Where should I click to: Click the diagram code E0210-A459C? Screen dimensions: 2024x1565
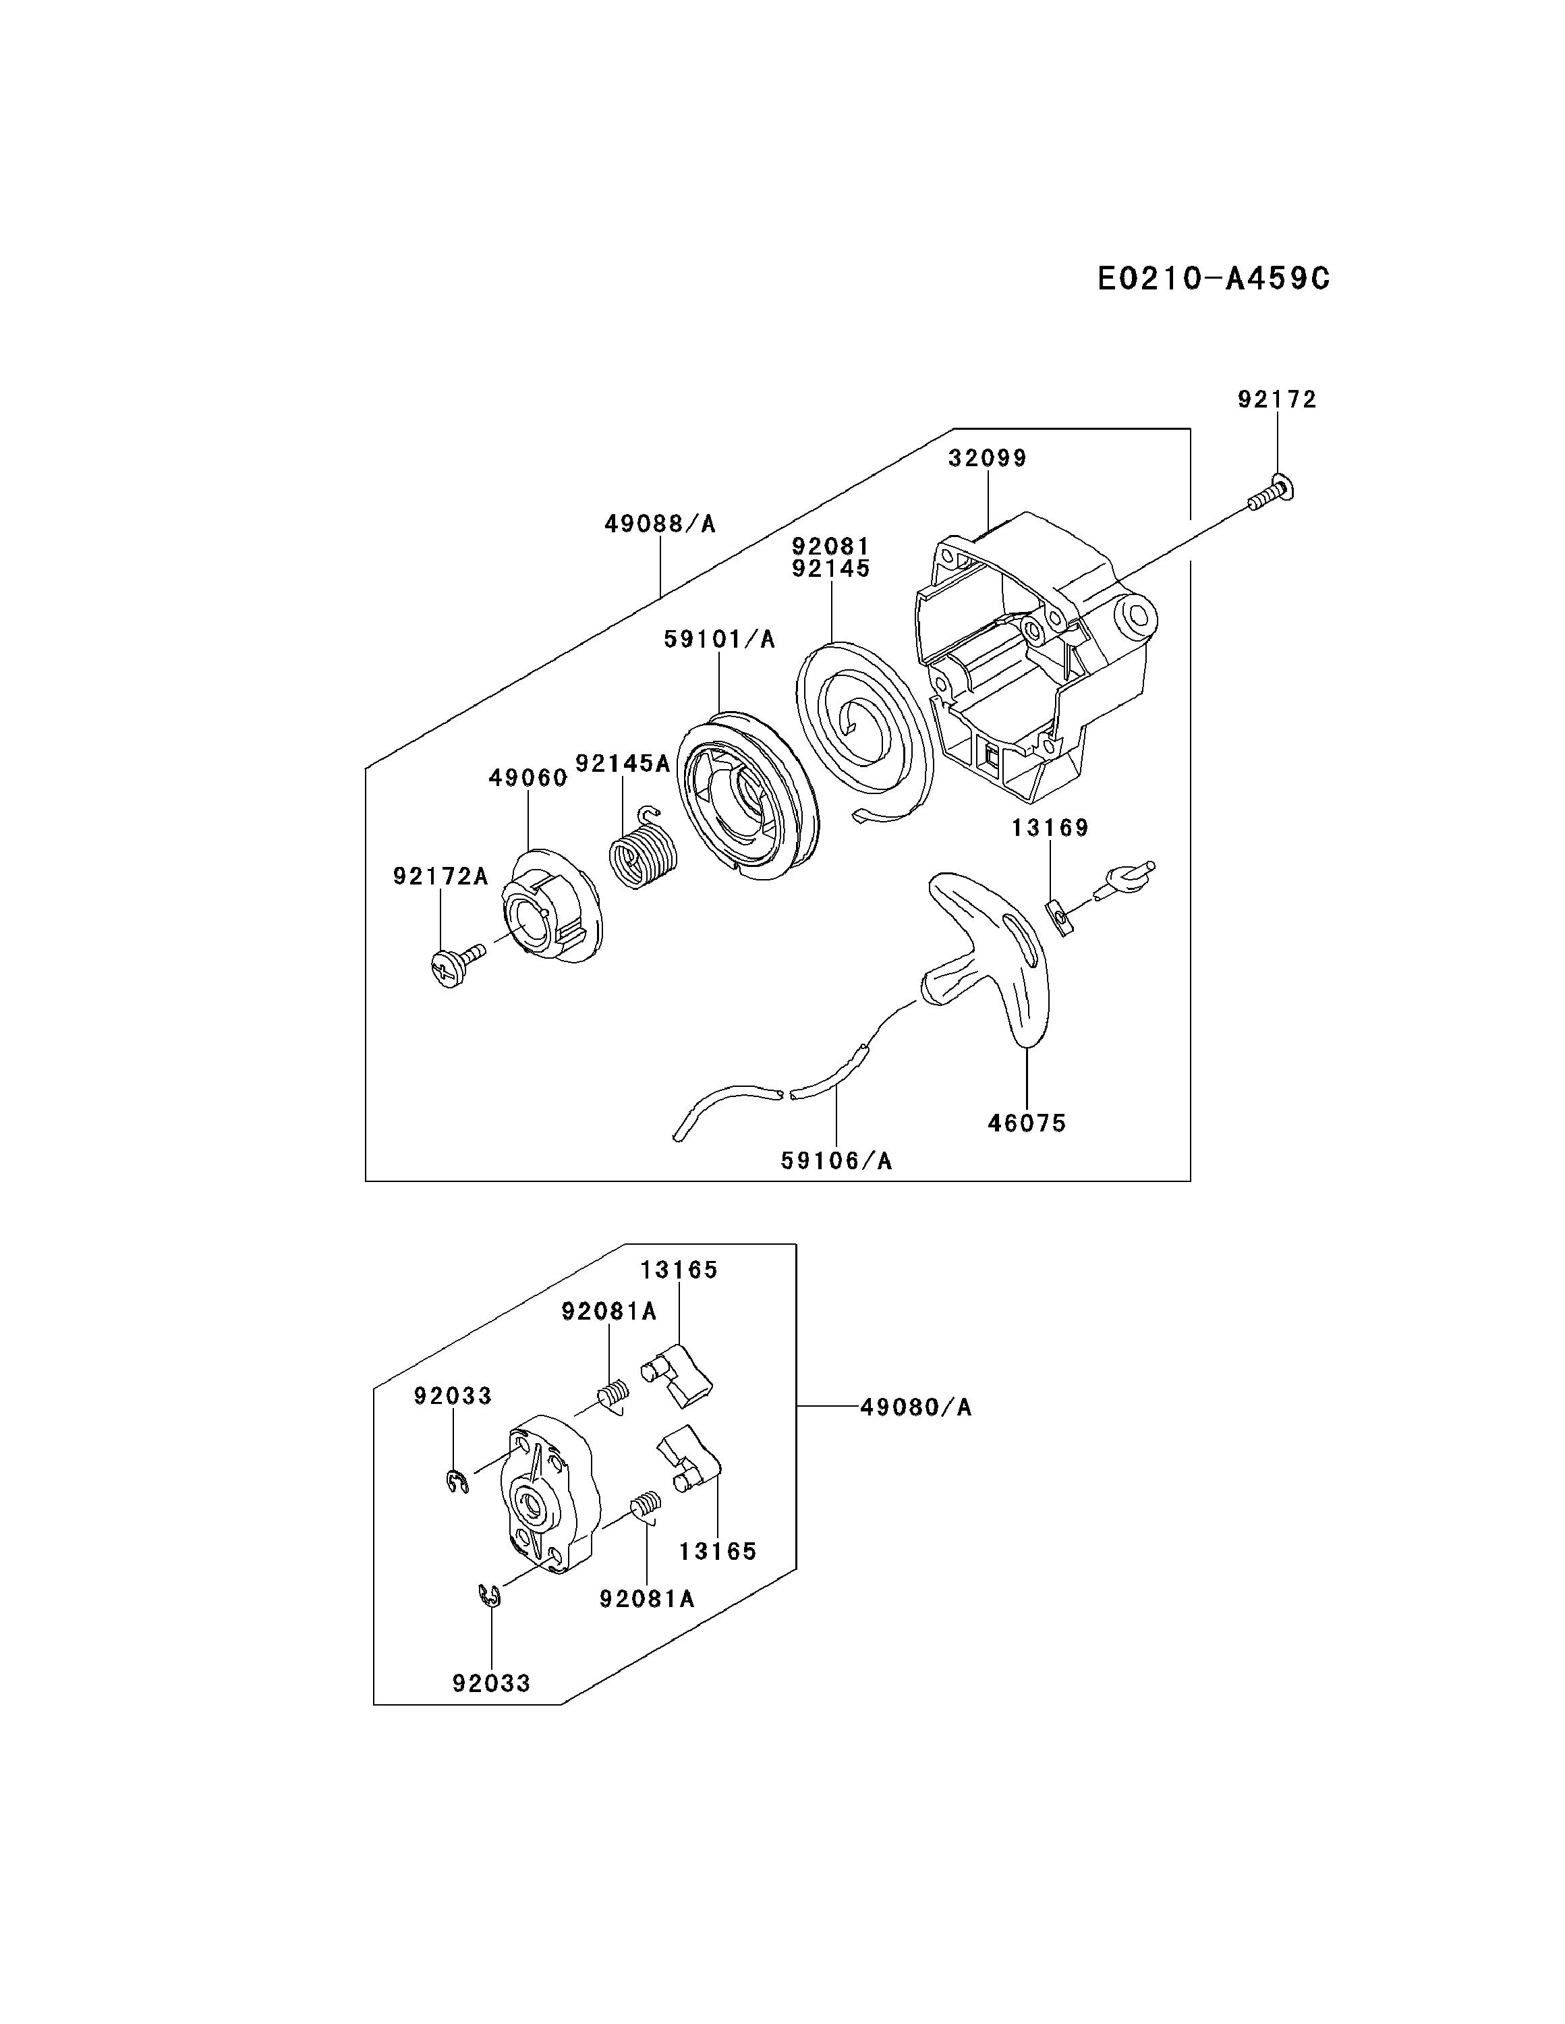click(x=1212, y=278)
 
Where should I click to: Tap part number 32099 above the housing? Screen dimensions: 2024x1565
click(x=987, y=459)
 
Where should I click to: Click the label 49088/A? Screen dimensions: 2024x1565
click(x=660, y=524)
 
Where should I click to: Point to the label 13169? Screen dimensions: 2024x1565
click(x=1049, y=828)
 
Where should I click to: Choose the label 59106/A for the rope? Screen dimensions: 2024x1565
click(x=836, y=1160)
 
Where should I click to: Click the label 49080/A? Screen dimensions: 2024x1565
click(x=915, y=1407)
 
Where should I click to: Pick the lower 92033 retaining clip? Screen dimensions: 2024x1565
click(x=489, y=1597)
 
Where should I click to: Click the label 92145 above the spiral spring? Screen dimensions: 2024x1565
click(x=831, y=569)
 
